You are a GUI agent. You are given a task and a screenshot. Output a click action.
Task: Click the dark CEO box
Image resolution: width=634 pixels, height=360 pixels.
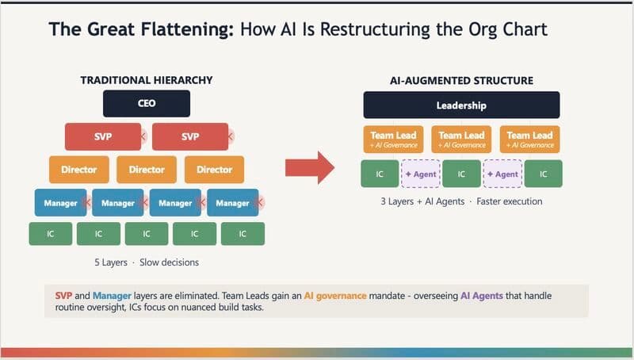click(147, 103)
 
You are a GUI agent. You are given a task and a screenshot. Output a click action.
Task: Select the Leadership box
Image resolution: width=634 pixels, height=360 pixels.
click(461, 105)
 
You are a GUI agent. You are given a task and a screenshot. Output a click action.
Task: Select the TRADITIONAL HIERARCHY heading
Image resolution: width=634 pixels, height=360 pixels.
click(147, 80)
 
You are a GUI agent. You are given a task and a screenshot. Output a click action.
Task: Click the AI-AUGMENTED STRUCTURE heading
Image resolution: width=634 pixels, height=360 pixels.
click(461, 81)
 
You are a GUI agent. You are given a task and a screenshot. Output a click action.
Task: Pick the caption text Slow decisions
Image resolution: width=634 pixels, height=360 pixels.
click(170, 262)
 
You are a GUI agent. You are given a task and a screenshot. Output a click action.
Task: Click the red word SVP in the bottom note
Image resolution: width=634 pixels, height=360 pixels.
click(63, 295)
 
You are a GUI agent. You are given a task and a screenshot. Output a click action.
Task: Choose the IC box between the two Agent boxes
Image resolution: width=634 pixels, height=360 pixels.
click(461, 174)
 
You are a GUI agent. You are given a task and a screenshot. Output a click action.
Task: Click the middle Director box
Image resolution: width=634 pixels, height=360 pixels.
click(147, 169)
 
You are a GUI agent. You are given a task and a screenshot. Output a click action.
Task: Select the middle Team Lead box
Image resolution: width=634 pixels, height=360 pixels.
click(461, 139)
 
